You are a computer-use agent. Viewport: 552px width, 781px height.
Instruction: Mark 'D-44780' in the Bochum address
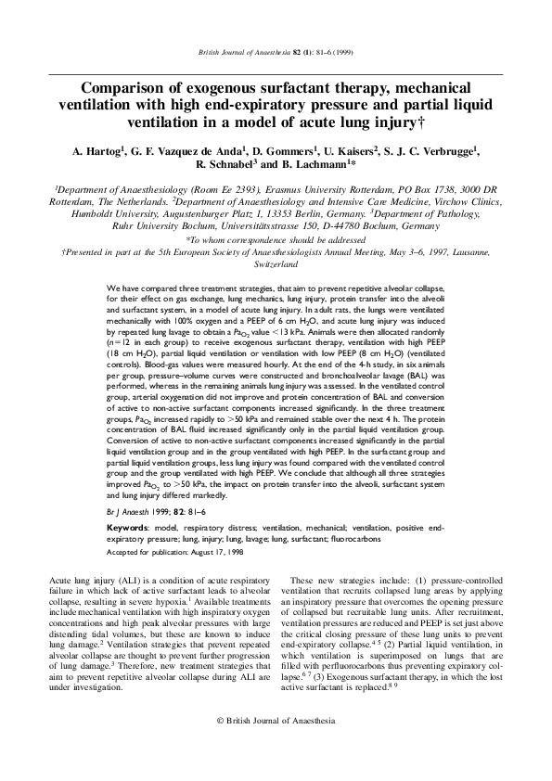[x=342, y=224]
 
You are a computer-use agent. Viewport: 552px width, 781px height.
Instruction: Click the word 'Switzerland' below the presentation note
[x=276, y=263]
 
